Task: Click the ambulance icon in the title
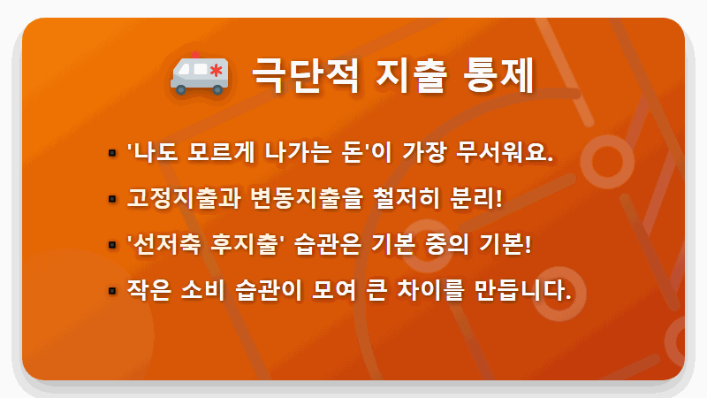199,73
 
